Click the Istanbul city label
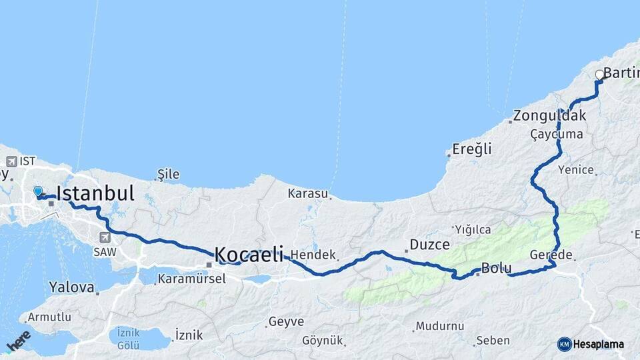[x=95, y=193]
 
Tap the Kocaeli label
[x=249, y=254]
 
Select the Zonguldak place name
[x=551, y=115]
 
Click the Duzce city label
[x=429, y=245]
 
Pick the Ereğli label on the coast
[x=471, y=149]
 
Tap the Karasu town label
[x=308, y=194]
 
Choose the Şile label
[x=168, y=174]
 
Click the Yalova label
[x=71, y=287]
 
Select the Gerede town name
[x=551, y=255]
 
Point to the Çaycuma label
[x=557, y=134]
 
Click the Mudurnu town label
[x=439, y=327]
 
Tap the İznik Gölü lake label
[x=128, y=338]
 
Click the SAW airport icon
[x=105, y=237]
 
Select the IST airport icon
[x=11, y=161]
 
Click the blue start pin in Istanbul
[x=38, y=192]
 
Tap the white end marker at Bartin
[x=599, y=75]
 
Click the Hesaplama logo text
[x=598, y=344]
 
